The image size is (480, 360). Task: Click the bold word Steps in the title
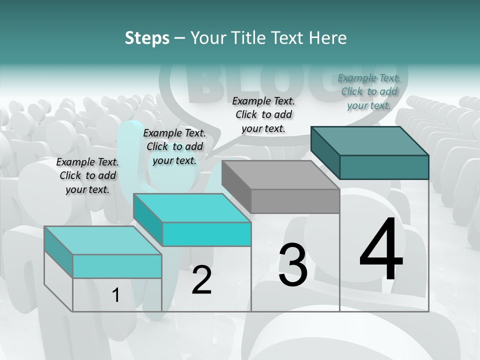coord(147,38)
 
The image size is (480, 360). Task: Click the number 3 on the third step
coord(293,265)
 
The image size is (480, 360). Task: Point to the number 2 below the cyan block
coord(201,280)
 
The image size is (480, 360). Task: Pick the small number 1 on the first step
coord(116,295)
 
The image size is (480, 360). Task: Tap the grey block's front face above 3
coord(295,201)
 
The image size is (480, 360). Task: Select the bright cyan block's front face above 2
coord(206,234)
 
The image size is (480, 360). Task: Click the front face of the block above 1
coord(117,266)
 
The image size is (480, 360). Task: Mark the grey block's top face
coord(280,175)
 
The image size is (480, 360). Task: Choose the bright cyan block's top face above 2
coord(192,208)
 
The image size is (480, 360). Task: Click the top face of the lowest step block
coord(103,240)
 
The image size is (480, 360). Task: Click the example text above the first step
coord(87,175)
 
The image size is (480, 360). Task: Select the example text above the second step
coord(174,146)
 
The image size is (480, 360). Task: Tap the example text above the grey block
coord(263,114)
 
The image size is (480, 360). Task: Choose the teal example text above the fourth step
coord(369,91)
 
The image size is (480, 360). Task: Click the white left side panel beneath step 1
coord(58,280)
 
